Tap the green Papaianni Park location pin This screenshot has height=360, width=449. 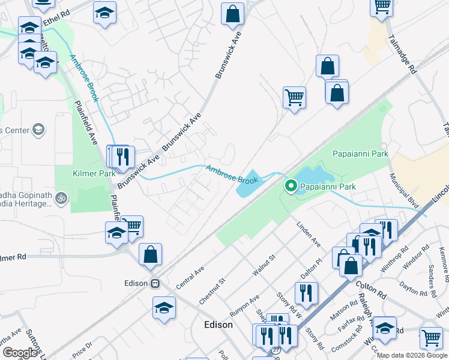pos(291,187)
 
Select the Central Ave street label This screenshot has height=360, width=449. pos(191,272)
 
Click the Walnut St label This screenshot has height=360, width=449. pos(264,265)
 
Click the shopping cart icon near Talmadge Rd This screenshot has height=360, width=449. pos(382,6)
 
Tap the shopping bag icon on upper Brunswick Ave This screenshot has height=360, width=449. pos(232,13)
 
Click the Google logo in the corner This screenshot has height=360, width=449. pos(20,353)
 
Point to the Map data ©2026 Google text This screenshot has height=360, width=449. pos(411,355)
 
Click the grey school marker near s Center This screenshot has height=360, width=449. pos(38,129)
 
